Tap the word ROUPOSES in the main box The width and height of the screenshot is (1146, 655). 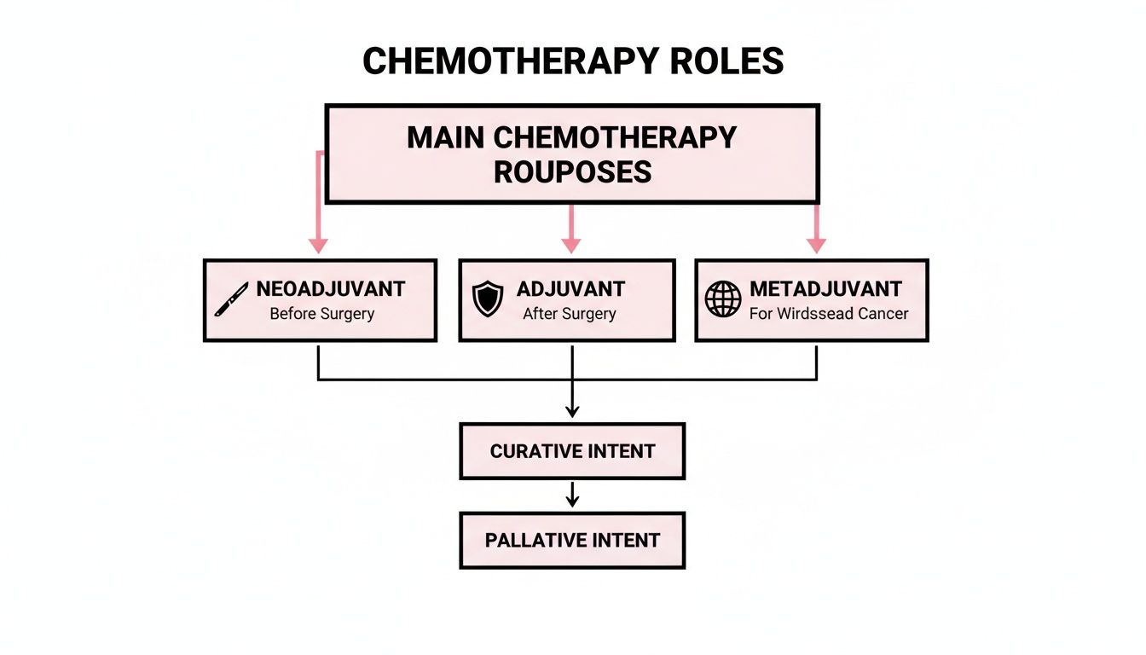[572, 171]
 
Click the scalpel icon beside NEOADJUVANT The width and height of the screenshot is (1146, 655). [231, 300]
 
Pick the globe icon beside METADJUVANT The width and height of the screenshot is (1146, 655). [723, 300]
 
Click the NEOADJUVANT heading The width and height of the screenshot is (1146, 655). [330, 288]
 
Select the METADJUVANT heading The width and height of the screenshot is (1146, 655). [825, 288]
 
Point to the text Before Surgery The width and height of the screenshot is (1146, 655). [321, 314]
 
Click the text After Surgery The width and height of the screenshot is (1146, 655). [569, 314]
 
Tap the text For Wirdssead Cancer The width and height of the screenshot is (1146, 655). [829, 314]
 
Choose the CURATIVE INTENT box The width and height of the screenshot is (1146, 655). [572, 451]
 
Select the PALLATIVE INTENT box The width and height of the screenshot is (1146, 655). [572, 540]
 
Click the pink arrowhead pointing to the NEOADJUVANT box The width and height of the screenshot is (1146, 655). [318, 246]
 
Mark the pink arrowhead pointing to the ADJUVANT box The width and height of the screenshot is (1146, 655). [571, 246]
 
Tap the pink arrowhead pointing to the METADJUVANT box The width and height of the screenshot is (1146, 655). [817, 246]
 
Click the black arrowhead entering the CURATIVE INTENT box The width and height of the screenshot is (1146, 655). [572, 411]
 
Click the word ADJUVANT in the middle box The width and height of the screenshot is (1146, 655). [570, 288]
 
